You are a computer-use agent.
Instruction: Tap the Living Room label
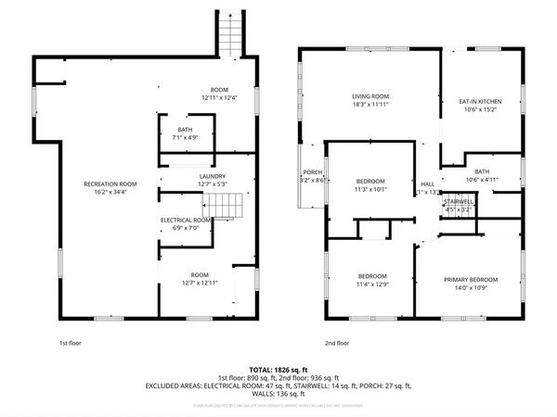click(x=369, y=96)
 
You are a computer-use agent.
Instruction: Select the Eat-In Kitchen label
click(x=481, y=99)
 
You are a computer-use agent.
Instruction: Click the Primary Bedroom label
click(x=470, y=279)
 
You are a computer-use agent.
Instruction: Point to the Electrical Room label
click(x=187, y=220)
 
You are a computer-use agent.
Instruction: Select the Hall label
click(x=428, y=183)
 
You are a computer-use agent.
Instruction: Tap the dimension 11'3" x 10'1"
click(x=370, y=189)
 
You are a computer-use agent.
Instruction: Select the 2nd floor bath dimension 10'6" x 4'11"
click(x=481, y=179)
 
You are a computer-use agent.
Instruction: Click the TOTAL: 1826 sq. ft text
click(x=278, y=368)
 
